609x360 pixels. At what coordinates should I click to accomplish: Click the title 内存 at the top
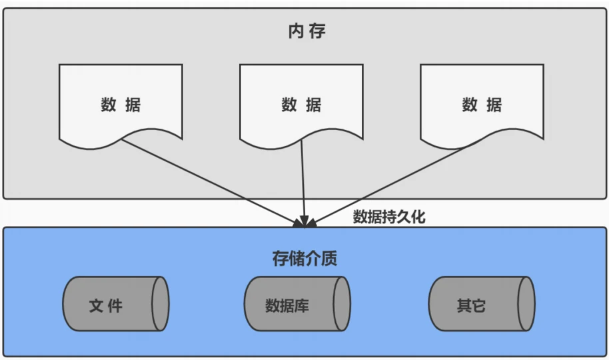(306, 31)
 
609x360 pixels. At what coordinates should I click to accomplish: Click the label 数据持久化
(388, 217)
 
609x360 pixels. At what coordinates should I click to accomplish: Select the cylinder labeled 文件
(115, 304)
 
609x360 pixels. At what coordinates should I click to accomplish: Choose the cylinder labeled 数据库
(296, 304)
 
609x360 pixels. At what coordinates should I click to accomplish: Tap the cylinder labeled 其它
(480, 304)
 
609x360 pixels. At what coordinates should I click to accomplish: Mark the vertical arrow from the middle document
(303, 180)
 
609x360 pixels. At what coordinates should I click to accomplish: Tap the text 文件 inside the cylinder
(106, 305)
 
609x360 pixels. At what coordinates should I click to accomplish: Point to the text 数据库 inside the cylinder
(287, 305)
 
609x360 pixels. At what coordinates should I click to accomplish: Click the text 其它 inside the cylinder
(471, 305)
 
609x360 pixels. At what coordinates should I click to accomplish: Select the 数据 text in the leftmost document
(121, 105)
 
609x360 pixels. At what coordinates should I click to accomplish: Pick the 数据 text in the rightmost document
(482, 105)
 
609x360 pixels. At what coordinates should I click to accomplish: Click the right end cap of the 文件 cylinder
(160, 304)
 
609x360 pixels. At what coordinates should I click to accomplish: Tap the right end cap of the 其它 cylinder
(526, 304)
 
